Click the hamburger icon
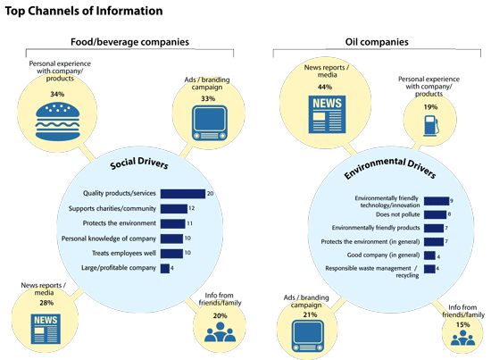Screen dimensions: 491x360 pyautogui.click(x=58, y=121)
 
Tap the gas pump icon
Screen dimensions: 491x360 pyautogui.click(x=431, y=126)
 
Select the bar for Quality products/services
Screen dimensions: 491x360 pyautogui.click(x=183, y=194)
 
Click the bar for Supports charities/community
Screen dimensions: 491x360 pyautogui.click(x=174, y=209)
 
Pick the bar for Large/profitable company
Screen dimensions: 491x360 pyautogui.click(x=165, y=268)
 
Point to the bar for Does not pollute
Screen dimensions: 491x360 pyautogui.click(x=436, y=214)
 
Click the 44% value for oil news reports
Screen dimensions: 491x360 pyautogui.click(x=325, y=88)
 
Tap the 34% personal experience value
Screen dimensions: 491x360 pyautogui.click(x=57, y=94)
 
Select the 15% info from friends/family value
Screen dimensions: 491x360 pyautogui.click(x=462, y=324)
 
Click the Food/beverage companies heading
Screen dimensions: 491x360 pyautogui.click(x=129, y=42)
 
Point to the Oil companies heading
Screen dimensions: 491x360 pyautogui.click(x=377, y=42)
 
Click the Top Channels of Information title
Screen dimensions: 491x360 pyautogui.click(x=84, y=11)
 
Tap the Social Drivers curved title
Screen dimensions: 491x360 pyautogui.click(x=139, y=163)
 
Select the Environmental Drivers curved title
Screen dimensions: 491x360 pyautogui.click(x=390, y=168)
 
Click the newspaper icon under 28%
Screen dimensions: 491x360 pyautogui.click(x=46, y=329)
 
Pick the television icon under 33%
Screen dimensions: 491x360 pyautogui.click(x=210, y=123)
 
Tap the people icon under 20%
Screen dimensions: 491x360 pyautogui.click(x=220, y=331)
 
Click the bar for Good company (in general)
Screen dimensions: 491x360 pyautogui.click(x=429, y=255)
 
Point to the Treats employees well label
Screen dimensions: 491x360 pyautogui.click(x=124, y=253)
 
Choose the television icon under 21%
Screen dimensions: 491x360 pyautogui.click(x=308, y=336)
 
